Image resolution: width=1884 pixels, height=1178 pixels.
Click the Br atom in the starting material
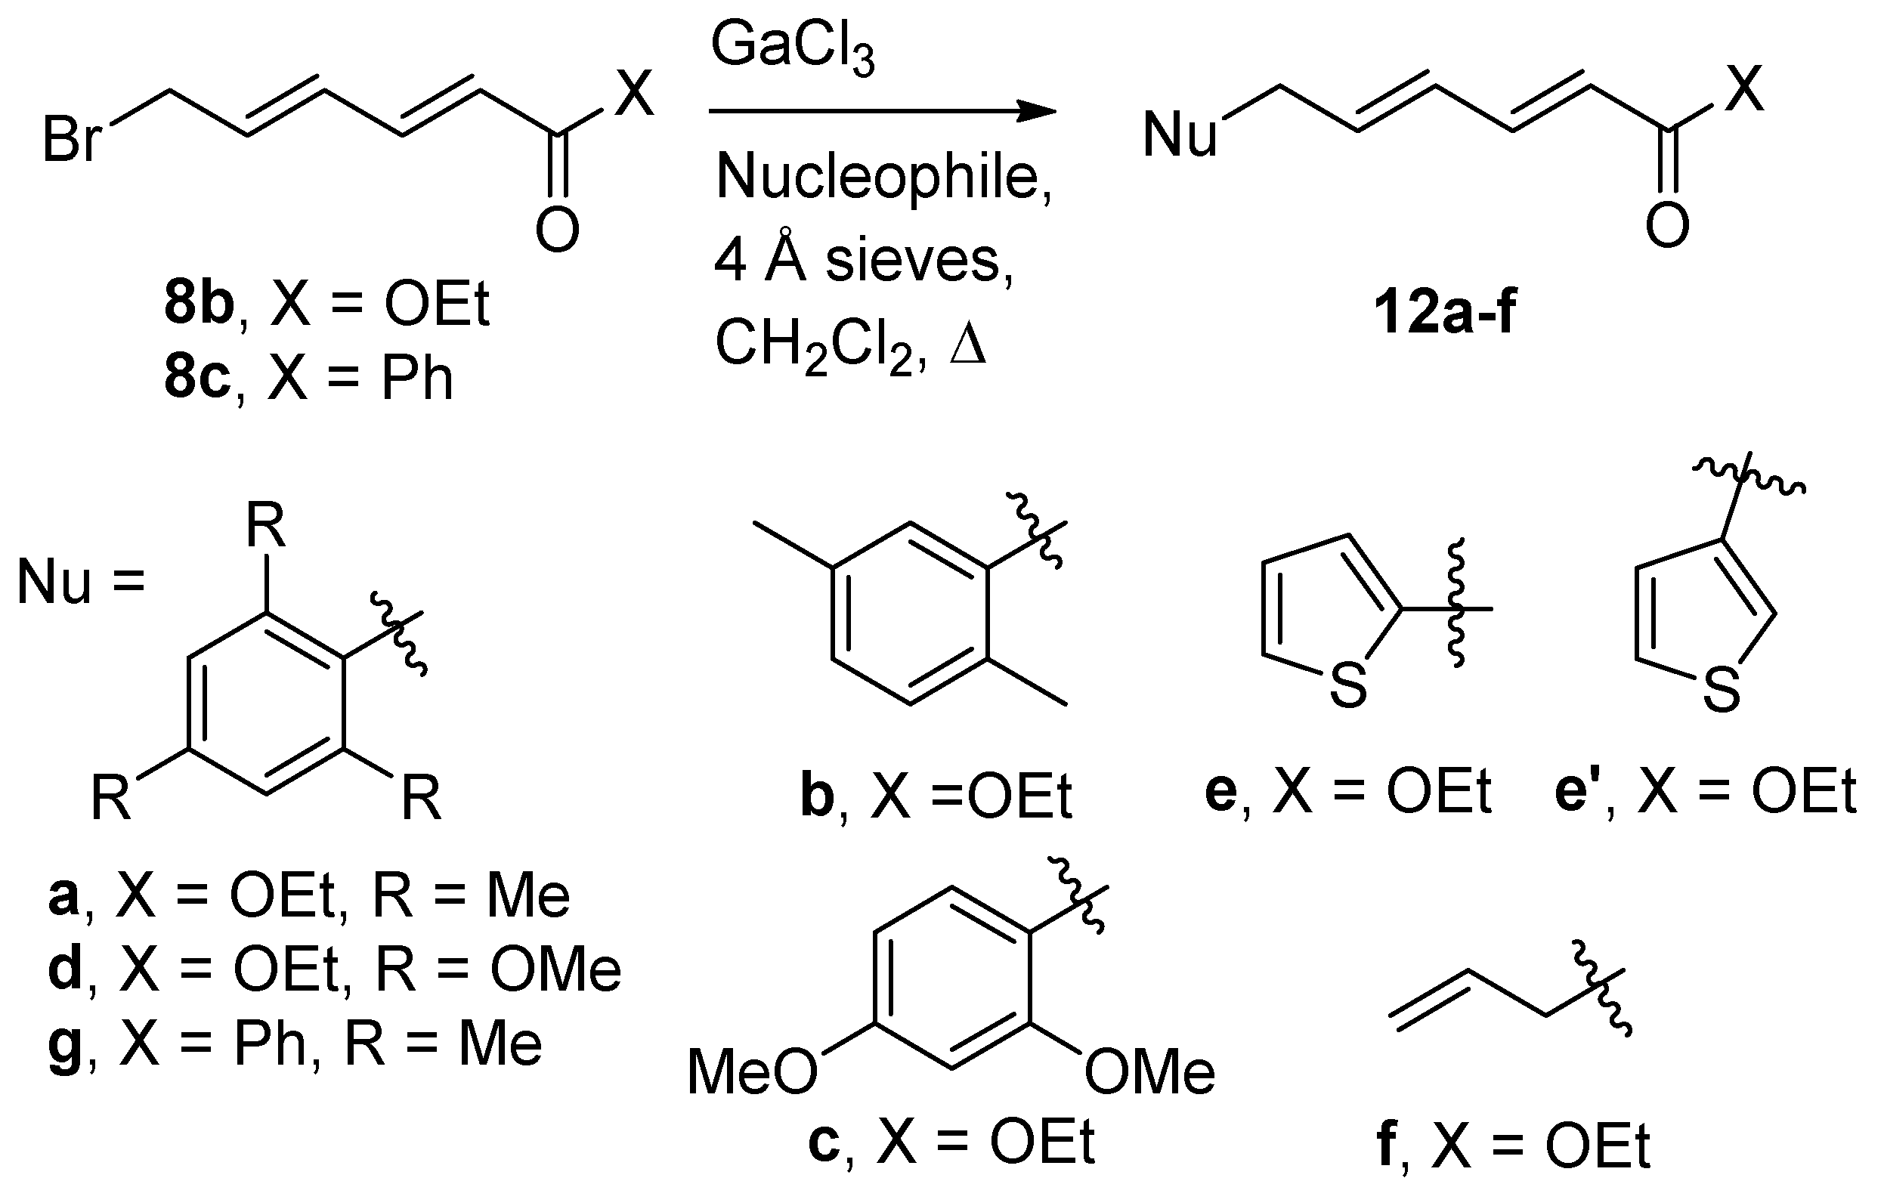click(x=73, y=141)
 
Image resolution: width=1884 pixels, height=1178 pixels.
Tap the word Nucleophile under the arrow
click(x=883, y=178)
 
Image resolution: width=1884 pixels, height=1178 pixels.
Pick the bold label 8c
click(x=197, y=379)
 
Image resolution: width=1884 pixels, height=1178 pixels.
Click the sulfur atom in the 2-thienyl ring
click(x=1348, y=685)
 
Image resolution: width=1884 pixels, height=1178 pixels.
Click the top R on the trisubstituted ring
click(x=266, y=527)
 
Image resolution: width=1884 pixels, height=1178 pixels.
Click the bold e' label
click(x=1580, y=793)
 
